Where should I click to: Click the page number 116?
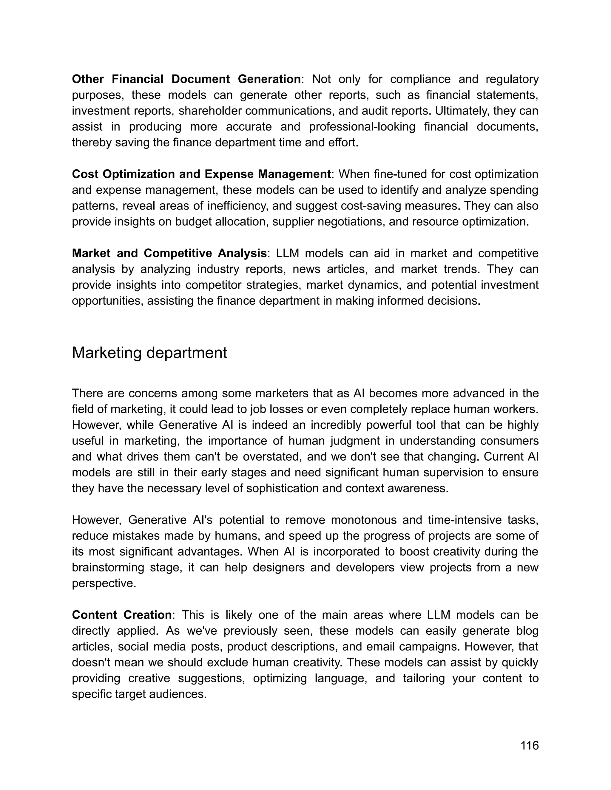[x=529, y=746]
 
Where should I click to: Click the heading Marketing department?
[x=149, y=353]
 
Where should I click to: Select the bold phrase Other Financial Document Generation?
[x=186, y=79]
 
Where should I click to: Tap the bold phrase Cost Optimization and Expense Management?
[x=201, y=174]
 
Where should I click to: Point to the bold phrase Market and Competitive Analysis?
[x=169, y=253]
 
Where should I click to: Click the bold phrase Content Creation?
[x=122, y=615]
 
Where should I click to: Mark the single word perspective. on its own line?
[x=104, y=583]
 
